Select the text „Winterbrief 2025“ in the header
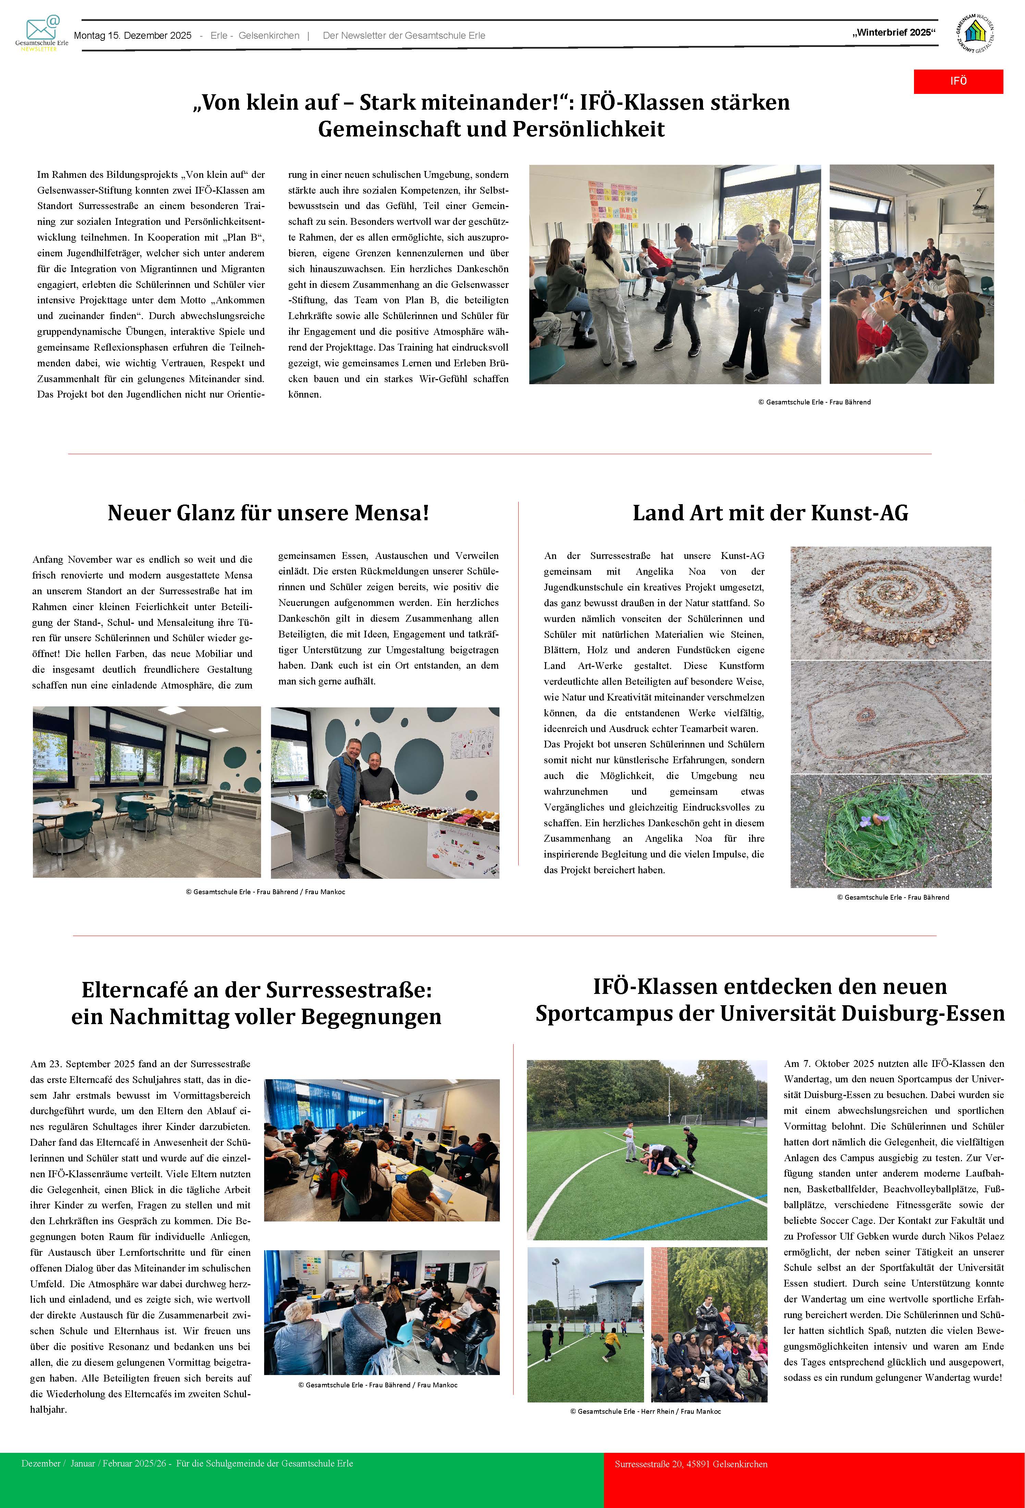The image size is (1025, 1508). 894,33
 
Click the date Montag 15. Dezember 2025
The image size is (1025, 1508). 133,36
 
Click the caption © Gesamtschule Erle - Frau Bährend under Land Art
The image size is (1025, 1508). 893,897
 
